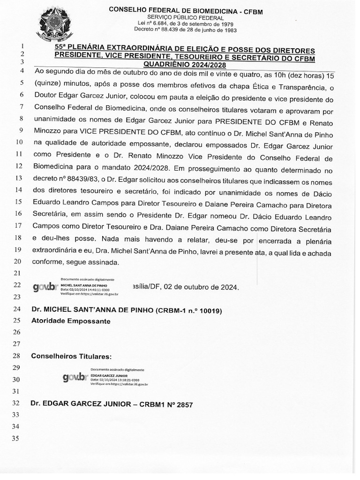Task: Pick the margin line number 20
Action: [x=18, y=261]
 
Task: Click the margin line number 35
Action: [x=18, y=438]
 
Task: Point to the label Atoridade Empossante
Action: [x=70, y=321]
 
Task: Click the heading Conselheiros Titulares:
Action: [x=71, y=356]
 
